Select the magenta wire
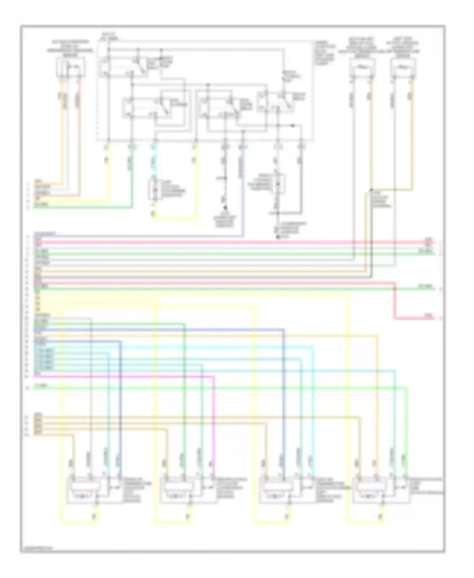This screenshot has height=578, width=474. coord(126,377)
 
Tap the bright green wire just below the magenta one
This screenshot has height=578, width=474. coord(221,388)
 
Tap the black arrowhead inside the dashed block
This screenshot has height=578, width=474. coord(293,126)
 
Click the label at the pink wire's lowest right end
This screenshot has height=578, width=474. coord(429,316)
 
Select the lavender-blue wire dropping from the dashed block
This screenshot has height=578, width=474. coord(243,190)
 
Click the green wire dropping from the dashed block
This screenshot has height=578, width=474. coord(131,174)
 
